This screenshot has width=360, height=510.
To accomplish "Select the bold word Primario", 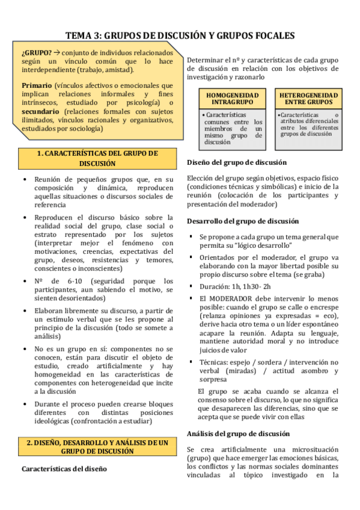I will point(35,85).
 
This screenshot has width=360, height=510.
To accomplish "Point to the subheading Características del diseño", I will point(64,469).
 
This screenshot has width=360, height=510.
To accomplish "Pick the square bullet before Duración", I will point(191,286).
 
